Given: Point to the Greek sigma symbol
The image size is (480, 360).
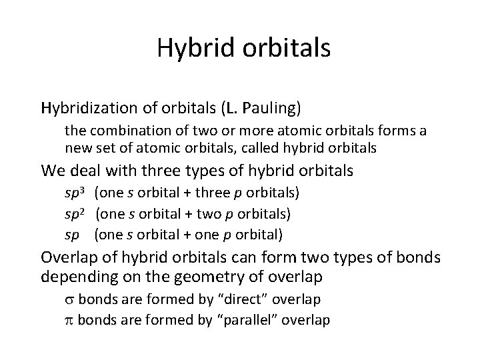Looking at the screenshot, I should coord(69,299).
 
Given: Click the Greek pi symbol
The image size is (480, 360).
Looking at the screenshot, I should coord(69,320).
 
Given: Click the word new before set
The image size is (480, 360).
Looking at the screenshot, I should coord(77,147).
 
